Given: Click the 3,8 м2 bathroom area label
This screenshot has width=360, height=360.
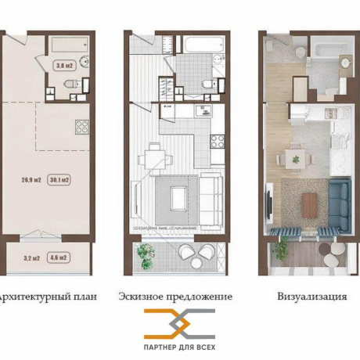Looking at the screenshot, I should (x=62, y=66).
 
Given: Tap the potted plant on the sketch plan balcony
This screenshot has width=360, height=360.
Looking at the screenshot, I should (x=144, y=252).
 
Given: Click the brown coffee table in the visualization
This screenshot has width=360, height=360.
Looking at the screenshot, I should (x=310, y=203).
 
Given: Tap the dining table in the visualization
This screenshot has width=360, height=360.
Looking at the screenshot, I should (x=296, y=158).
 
